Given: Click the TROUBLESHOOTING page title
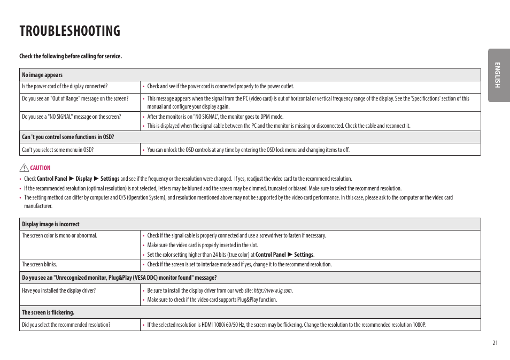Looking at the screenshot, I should [69, 31].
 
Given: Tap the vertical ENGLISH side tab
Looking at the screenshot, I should [498, 75].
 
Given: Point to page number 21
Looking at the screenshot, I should [495, 343].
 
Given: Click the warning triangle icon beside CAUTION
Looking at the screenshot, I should [25, 168].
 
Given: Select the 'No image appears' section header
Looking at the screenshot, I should [42, 75].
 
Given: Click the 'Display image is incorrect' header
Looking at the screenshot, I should [50, 224].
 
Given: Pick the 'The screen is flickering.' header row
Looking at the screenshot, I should [48, 312].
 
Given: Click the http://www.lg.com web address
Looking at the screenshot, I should [273, 290].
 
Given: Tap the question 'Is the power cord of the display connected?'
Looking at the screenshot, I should [65, 86].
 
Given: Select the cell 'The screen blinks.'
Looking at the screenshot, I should [40, 264].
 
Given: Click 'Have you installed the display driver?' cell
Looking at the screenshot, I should [59, 290].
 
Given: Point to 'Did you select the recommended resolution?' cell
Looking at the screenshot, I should [66, 325].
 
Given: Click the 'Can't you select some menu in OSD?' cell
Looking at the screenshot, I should [58, 150].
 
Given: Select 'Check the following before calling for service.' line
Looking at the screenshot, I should [71, 56].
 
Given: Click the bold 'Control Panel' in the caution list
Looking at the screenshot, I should [52, 179].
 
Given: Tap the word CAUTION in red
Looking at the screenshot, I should [40, 168].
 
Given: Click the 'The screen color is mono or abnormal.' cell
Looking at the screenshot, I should [59, 235].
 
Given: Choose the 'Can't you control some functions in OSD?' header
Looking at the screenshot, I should [68, 137].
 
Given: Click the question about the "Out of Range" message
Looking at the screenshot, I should [75, 98].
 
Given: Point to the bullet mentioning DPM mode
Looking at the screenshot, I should [215, 117].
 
